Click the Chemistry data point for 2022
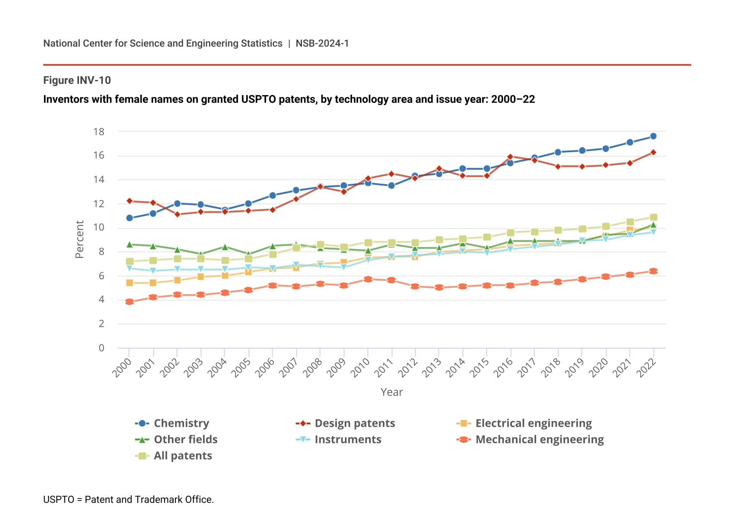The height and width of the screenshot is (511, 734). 653,136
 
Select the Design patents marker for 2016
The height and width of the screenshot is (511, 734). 510,157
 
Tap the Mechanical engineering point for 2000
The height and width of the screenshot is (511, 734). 130,302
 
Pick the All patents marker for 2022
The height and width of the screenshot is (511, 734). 653,217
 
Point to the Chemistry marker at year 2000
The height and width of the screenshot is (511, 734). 130,218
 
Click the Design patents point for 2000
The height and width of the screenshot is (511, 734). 130,201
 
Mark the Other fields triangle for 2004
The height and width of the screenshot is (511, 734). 225,247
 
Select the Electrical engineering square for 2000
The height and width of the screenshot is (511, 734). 130,283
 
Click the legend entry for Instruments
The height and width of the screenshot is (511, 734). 348,440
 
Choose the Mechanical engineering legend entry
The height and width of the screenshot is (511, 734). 539,440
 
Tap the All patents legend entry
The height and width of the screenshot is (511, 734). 183,456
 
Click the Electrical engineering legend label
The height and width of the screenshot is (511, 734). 534,423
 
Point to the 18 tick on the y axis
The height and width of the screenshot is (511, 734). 99,132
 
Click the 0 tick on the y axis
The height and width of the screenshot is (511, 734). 102,348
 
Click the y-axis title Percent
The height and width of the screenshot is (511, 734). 79,239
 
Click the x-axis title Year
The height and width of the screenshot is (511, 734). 391,392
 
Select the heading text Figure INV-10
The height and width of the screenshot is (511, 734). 77,80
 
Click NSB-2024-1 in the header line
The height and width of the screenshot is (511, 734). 322,43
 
